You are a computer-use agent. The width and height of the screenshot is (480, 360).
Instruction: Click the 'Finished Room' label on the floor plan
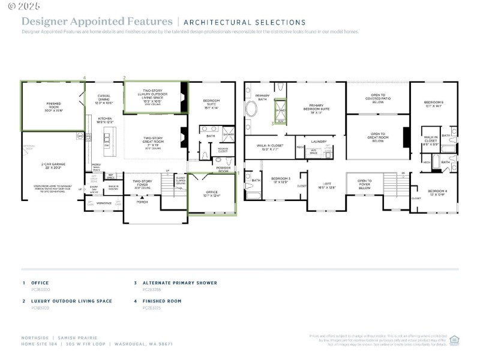pos(54,106)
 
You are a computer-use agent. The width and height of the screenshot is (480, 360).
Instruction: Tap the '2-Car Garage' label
pos(54,166)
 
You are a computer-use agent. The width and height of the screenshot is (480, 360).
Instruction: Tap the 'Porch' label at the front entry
pos(142,202)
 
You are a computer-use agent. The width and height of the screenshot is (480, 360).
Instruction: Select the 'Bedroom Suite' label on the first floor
pos(211,104)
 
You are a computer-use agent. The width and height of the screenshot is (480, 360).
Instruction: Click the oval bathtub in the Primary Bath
pos(251,110)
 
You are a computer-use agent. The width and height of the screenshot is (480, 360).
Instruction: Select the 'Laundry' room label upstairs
pos(319,142)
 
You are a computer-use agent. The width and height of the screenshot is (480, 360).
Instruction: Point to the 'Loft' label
pos(327,185)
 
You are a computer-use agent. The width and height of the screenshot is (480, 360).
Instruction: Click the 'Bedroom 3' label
pos(280,180)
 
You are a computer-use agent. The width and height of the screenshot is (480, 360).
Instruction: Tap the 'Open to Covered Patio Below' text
pos(377,98)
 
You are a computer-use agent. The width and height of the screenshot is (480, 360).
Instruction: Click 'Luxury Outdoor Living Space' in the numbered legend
pos(71,301)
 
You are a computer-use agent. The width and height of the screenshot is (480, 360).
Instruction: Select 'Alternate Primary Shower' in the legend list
pos(179,283)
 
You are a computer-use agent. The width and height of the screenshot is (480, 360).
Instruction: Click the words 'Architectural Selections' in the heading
pos(244,22)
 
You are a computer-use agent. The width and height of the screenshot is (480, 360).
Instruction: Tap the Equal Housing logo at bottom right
pos(454,339)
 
